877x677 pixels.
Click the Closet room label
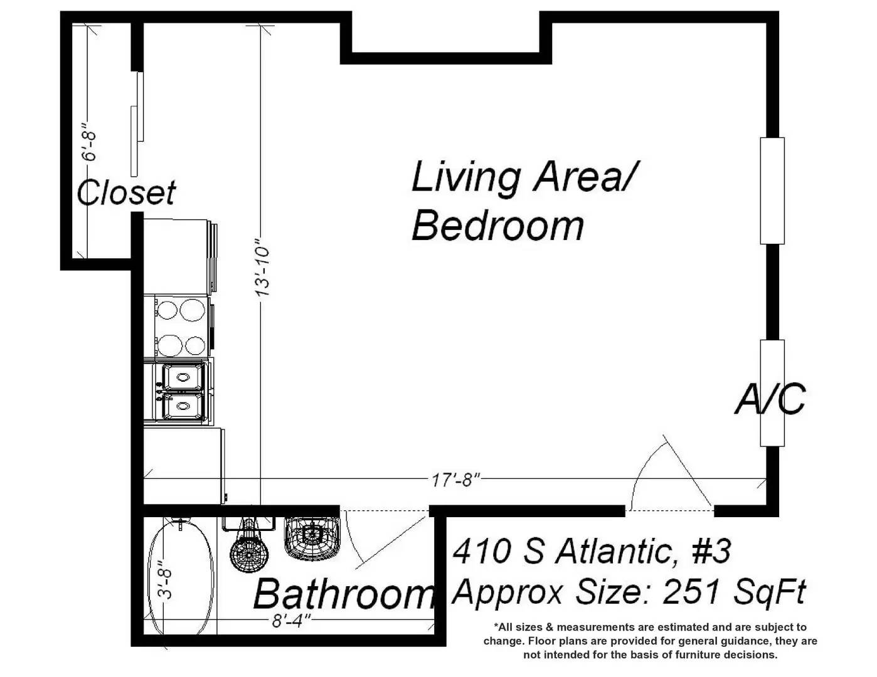(126, 192)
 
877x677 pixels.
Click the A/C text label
(769, 399)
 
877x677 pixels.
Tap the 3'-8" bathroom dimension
(165, 579)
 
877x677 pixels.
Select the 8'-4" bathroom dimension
(292, 621)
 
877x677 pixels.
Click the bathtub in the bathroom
(181, 578)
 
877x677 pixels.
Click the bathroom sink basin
(312, 538)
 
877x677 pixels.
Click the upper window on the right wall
(772, 191)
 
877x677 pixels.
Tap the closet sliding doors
(137, 124)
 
